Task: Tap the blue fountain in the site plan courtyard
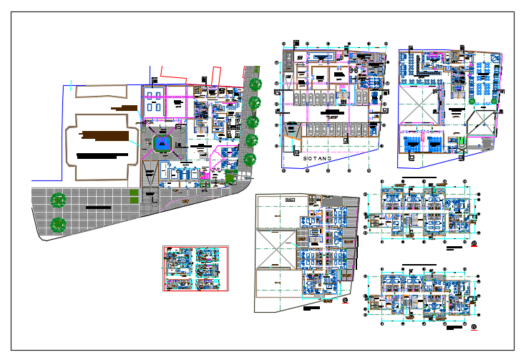[164, 144]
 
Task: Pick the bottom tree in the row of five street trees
[250, 159]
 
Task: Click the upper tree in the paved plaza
[58, 200]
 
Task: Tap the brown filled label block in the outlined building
[106, 135]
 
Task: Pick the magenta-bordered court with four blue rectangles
[167, 104]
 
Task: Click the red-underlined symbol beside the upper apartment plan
[474, 248]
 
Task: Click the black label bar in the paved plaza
[104, 208]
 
